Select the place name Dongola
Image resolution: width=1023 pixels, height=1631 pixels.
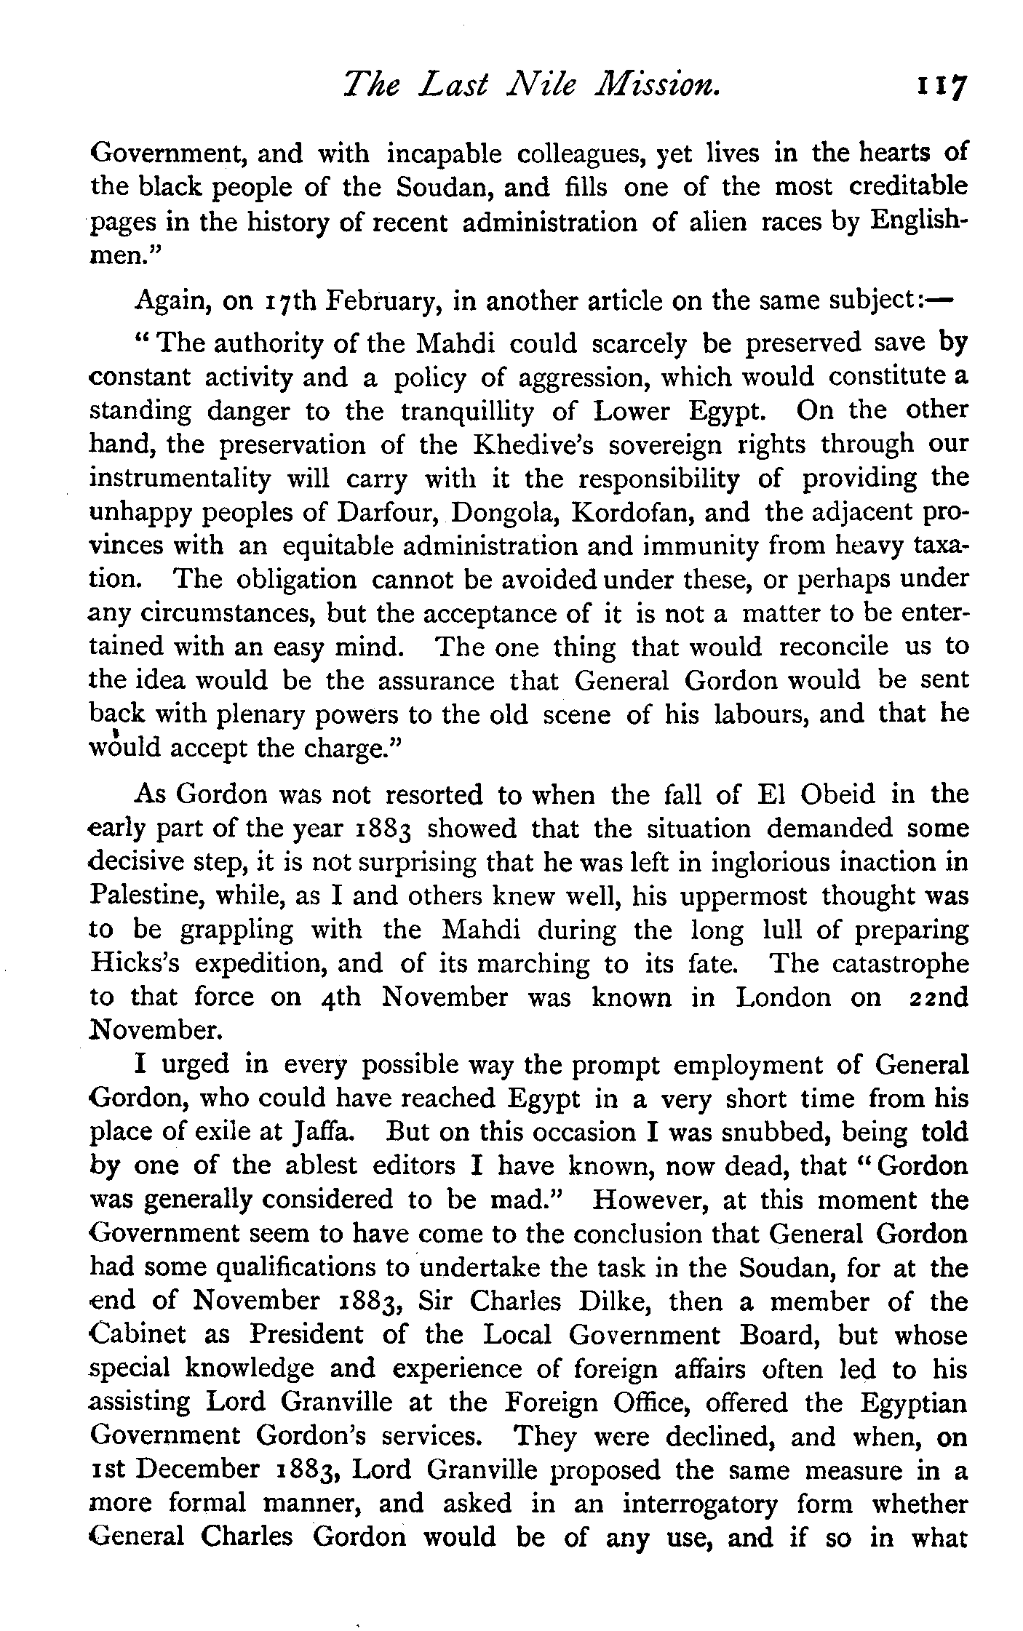(503, 512)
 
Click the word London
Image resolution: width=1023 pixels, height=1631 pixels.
(783, 997)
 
